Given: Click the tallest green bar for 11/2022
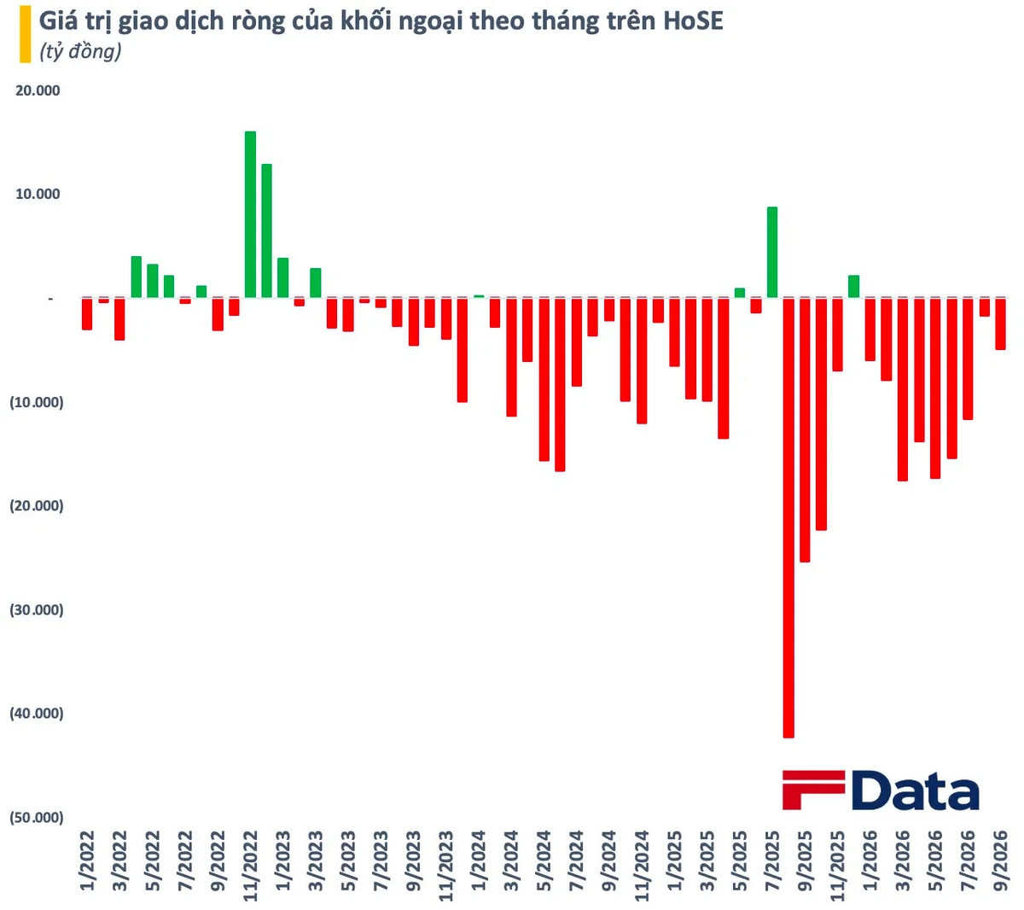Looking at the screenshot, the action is [250, 214].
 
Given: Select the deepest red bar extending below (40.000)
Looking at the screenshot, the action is [788, 517].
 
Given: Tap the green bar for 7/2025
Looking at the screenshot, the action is [771, 253].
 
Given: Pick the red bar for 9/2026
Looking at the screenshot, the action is [1000, 324].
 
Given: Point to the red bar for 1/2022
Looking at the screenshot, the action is [87, 314].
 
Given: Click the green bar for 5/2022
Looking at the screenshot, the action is [153, 281].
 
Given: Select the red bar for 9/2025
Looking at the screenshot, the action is [805, 429].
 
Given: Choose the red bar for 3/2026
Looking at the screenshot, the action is [903, 389].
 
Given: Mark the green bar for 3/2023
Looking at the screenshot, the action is [316, 283].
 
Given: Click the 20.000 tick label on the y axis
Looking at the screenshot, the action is [38, 90].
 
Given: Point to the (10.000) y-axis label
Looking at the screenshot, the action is [37, 402].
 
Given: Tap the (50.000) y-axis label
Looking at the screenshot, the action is [37, 818].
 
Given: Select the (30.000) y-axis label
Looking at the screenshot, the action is [37, 610].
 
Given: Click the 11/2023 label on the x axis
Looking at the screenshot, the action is [446, 866].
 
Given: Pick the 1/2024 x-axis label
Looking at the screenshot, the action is [479, 860].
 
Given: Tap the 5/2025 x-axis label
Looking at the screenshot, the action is [740, 860].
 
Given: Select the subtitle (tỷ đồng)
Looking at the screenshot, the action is [80, 51].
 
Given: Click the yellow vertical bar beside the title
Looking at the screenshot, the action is [26, 34].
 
